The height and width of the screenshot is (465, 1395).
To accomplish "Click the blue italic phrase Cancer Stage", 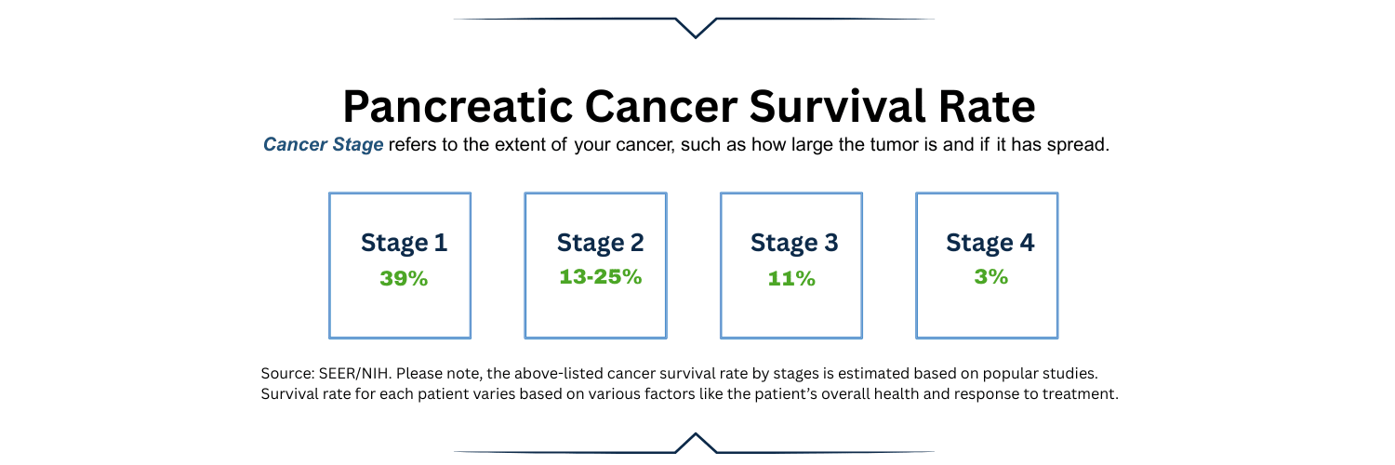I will pos(323,145).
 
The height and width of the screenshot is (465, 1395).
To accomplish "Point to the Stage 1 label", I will pos(404,244).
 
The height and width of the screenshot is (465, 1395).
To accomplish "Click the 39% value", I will pos(404,278).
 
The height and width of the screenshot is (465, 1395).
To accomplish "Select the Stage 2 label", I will pos(600,244).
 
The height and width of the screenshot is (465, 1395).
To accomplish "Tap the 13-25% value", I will pos(600,277).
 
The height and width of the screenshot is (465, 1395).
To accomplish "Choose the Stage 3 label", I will pos(794,244).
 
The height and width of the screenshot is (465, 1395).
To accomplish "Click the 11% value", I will pos(791,278).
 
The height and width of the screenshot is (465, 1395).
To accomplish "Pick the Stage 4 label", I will pos(990,244).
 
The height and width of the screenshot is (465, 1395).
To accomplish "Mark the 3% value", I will pos(990,277).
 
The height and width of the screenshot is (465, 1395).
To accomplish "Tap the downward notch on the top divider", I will pos(695,30).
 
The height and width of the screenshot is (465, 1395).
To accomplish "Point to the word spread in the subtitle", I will pos(1082,146).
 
